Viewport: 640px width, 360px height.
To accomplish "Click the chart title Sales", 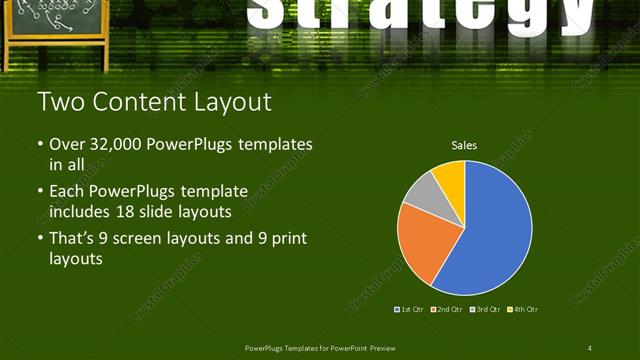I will coord(464,146).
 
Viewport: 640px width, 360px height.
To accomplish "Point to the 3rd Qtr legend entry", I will coord(485,309).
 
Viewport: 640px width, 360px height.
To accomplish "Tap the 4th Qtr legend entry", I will coord(523,309).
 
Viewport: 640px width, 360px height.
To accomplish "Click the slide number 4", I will coord(590,348).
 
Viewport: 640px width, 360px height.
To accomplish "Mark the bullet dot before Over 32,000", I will coord(40,145).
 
